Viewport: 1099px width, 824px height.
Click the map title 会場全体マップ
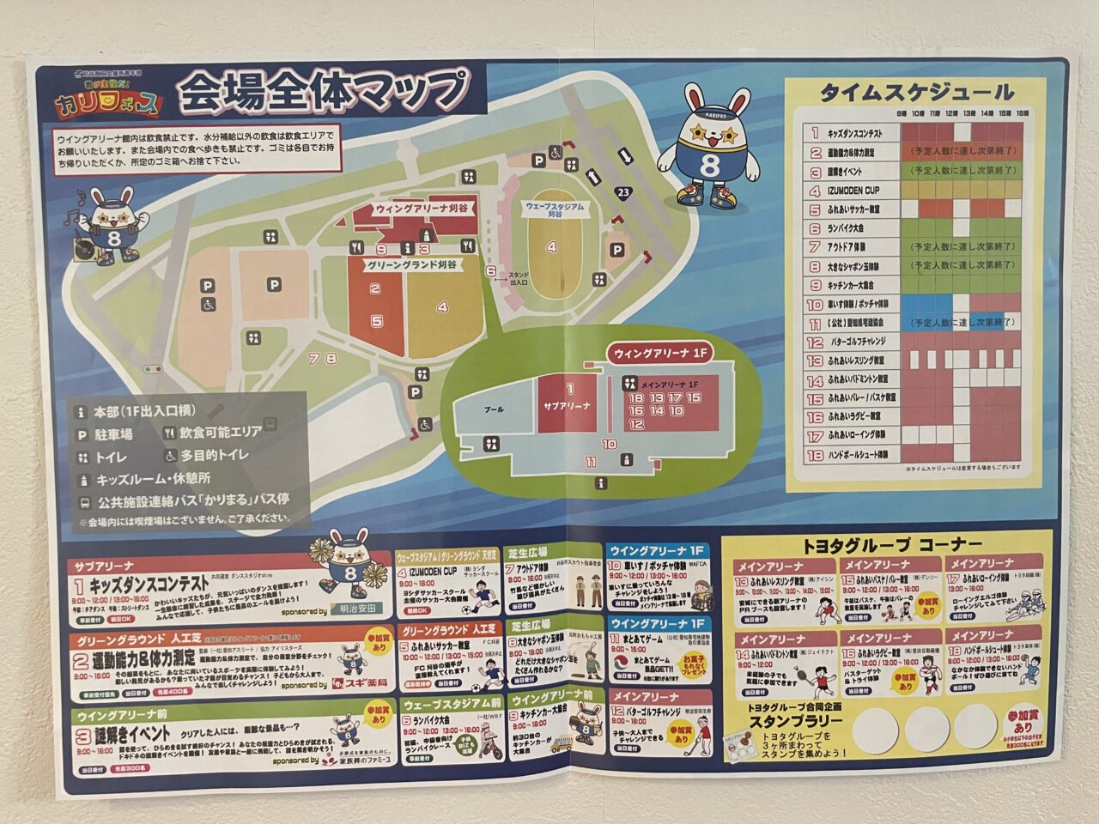click(324, 91)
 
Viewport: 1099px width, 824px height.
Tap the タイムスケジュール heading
click(916, 93)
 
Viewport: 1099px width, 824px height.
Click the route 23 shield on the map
click(623, 191)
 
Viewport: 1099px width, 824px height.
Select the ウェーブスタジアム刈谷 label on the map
click(554, 210)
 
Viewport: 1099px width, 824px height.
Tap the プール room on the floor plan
click(493, 410)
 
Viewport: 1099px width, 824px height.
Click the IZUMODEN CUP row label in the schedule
click(853, 191)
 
